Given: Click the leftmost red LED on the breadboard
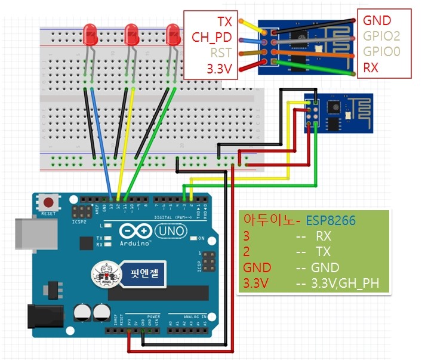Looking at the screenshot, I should pos(91,34).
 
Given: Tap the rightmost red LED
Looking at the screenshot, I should pos(173,34).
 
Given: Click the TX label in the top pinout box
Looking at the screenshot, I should pos(224,22).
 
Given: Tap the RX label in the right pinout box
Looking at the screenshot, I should pos(371,68).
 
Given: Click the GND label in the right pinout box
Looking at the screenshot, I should pos(377,21).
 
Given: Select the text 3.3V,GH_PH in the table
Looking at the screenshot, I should pos(346,283).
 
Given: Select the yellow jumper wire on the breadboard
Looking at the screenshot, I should pos(124,143).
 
